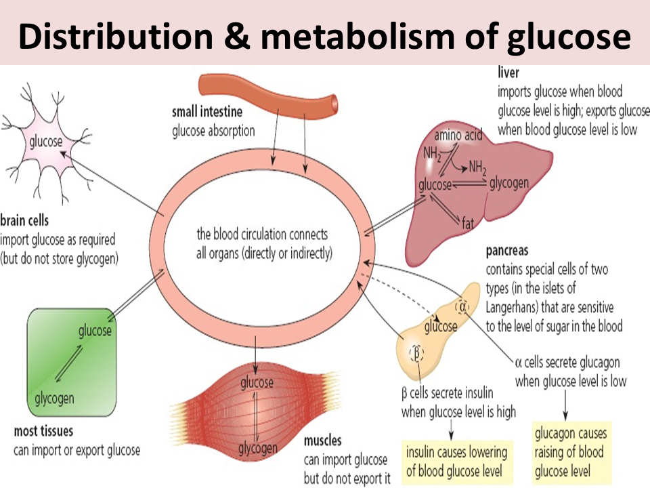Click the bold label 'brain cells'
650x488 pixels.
pyautogui.click(x=24, y=221)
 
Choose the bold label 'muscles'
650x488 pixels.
pyautogui.click(x=322, y=441)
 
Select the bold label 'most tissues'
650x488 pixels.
pyautogui.click(x=43, y=431)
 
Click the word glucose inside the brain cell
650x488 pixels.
pyautogui.click(x=45, y=142)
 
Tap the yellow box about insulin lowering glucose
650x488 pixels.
pyautogui.click(x=456, y=462)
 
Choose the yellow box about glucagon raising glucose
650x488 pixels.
pyautogui.click(x=571, y=451)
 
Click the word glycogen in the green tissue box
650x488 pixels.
pyautogui.click(x=55, y=398)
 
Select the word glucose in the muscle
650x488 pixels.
pyautogui.click(x=257, y=383)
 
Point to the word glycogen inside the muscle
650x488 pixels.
pyautogui.click(x=257, y=448)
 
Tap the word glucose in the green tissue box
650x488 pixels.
pyautogui.click(x=95, y=331)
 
